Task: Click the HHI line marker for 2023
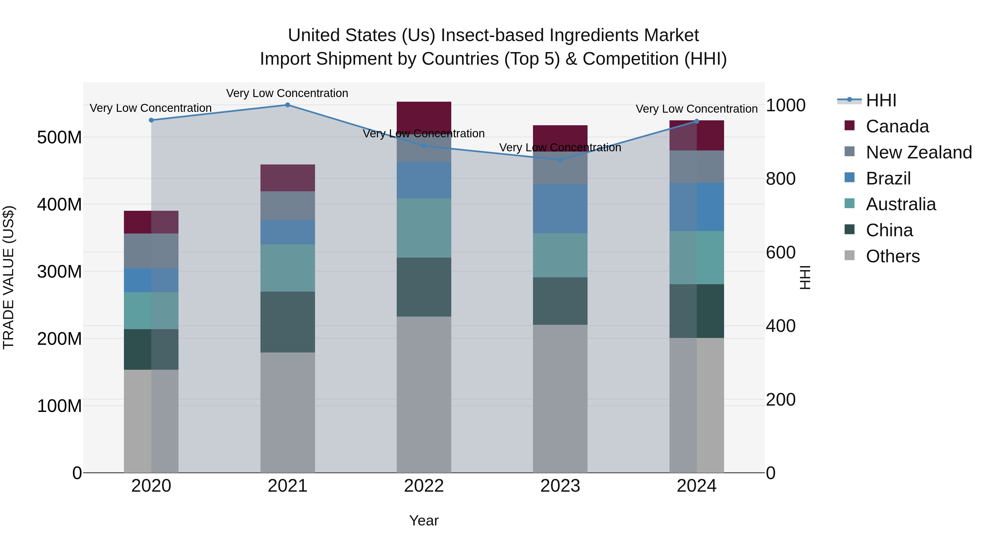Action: [x=560, y=160]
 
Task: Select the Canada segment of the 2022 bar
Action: [x=424, y=115]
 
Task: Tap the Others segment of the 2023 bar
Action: [x=560, y=398]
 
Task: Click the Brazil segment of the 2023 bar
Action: [x=560, y=209]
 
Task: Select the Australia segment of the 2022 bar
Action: [x=424, y=228]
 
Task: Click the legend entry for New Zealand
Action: [x=918, y=152]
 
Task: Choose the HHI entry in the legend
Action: [x=881, y=100]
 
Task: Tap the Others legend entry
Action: [x=892, y=256]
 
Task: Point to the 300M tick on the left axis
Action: [x=59, y=272]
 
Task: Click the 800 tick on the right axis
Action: [x=781, y=179]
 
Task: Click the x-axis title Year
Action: [x=424, y=520]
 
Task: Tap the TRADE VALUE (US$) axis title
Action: [x=8, y=277]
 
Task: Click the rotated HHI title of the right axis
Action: [x=806, y=277]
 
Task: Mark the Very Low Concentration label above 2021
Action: [x=287, y=93]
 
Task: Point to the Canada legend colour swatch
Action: [x=849, y=126]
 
